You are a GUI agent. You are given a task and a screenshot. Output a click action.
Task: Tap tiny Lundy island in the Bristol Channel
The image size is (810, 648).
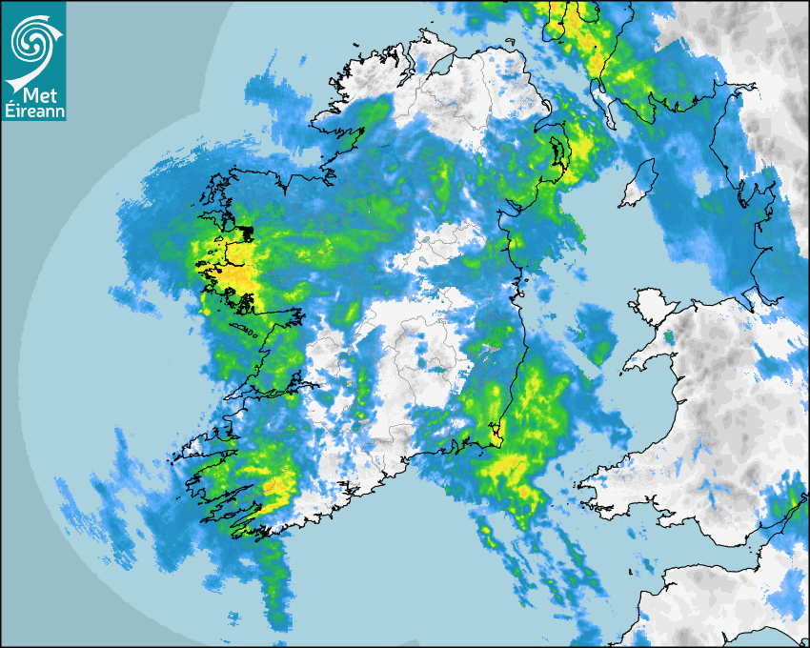point(630,571)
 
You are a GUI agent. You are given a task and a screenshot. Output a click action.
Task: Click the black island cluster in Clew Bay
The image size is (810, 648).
point(246,232)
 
